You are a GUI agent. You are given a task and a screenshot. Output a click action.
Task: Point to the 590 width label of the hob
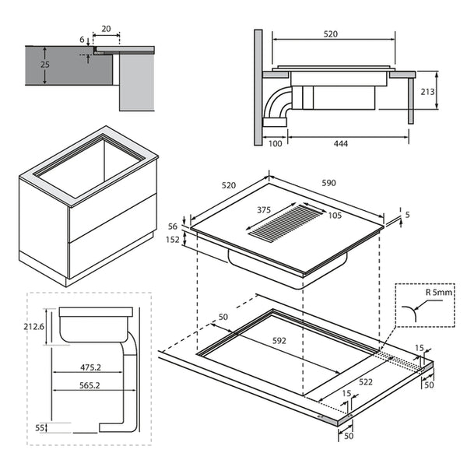(328, 184)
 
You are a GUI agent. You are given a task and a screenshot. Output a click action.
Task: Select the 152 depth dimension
(174, 241)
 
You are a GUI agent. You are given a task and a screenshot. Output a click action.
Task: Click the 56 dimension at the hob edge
(174, 226)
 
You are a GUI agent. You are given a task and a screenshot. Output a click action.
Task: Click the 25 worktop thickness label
(45, 65)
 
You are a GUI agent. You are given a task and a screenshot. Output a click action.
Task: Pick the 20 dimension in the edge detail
(106, 30)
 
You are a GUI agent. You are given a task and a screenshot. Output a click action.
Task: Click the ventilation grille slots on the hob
(280, 223)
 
